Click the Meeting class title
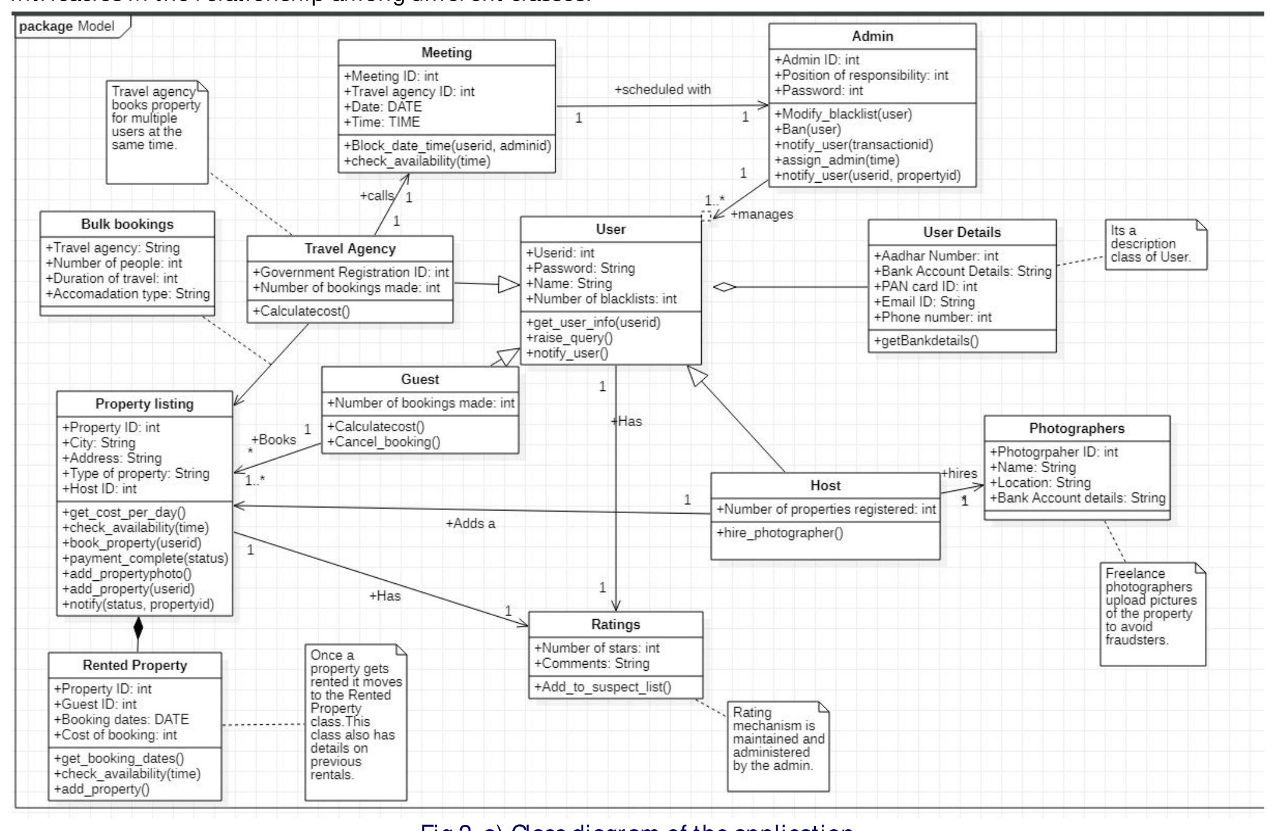click(446, 53)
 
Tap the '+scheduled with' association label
click(662, 89)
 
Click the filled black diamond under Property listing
click(138, 627)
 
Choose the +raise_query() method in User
click(570, 338)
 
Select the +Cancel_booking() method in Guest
click(384, 441)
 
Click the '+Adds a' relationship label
click(470, 523)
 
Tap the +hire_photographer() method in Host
click(779, 533)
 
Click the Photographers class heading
click(1076, 429)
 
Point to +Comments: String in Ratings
click(591, 663)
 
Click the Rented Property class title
click(135, 665)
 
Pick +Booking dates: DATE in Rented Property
click(121, 719)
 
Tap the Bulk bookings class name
click(127, 224)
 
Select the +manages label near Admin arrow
click(762, 214)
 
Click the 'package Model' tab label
click(67, 26)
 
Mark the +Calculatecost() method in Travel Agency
click(293, 311)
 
